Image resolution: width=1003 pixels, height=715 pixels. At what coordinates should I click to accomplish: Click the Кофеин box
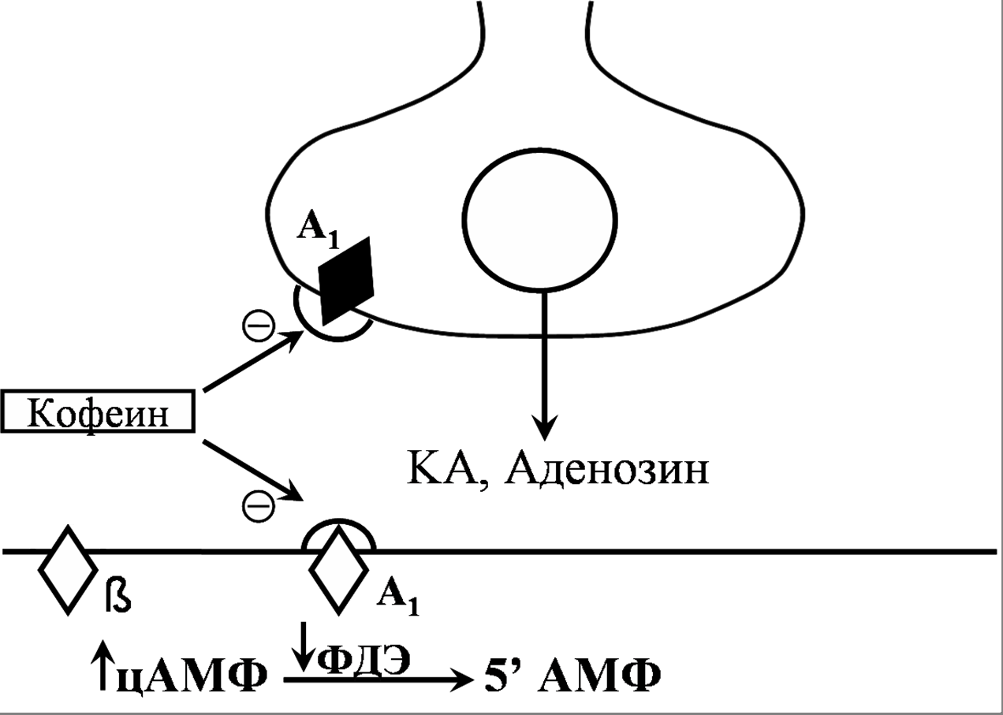pos(99,411)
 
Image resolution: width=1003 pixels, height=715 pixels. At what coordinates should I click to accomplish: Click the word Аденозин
pos(606,470)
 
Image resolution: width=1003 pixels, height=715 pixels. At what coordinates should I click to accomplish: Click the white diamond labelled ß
pos(68,568)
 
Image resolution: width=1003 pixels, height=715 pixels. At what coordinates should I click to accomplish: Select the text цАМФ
pos(192,677)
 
